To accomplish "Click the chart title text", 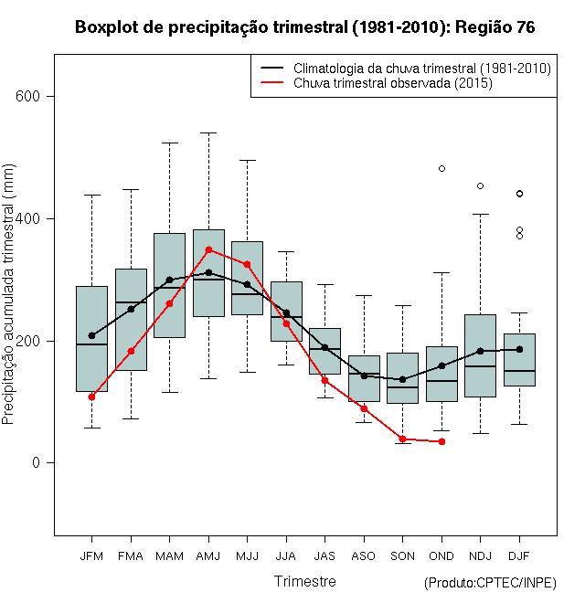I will (x=304, y=27).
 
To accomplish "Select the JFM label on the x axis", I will (x=91, y=555).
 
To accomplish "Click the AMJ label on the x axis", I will (x=208, y=555).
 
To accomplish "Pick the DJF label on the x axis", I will (x=519, y=555).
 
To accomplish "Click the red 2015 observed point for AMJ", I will (x=208, y=249).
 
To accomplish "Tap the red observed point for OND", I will (x=441, y=441).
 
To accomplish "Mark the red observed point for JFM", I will (x=91, y=397).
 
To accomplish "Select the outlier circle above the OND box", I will (x=441, y=168).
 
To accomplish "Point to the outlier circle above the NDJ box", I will (x=480, y=185).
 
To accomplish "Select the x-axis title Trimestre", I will (x=305, y=581).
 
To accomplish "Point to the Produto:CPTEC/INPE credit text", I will (x=490, y=583).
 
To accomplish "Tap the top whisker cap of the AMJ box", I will (x=208, y=132).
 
